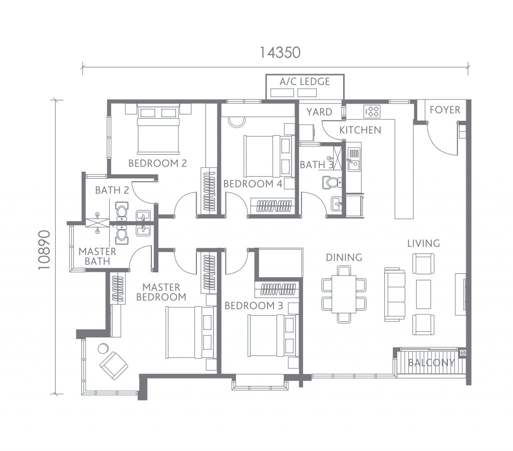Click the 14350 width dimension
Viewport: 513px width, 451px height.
tap(280, 52)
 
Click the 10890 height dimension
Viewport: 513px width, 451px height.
tap(44, 250)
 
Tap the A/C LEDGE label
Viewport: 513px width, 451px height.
tap(305, 82)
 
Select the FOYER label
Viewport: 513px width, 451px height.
tap(445, 110)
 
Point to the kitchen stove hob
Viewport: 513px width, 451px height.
tap(372, 112)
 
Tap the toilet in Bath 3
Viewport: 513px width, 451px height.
tap(332, 182)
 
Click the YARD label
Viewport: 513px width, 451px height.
tap(319, 112)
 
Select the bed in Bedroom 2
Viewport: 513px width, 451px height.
tap(158, 130)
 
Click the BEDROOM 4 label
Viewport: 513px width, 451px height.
tap(252, 184)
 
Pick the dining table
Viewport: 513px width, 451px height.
tap(344, 294)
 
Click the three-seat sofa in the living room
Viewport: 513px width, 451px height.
tap(395, 294)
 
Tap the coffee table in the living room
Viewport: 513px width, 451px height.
tap(423, 294)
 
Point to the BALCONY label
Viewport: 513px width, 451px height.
tap(431, 362)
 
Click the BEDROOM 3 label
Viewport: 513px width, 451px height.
tap(253, 305)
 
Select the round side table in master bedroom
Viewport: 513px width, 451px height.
tap(103, 349)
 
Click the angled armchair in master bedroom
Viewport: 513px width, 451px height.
tap(114, 365)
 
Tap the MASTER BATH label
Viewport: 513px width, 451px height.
tap(97, 256)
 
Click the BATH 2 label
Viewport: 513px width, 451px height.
tap(112, 190)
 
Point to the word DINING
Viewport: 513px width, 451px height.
tap(344, 257)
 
